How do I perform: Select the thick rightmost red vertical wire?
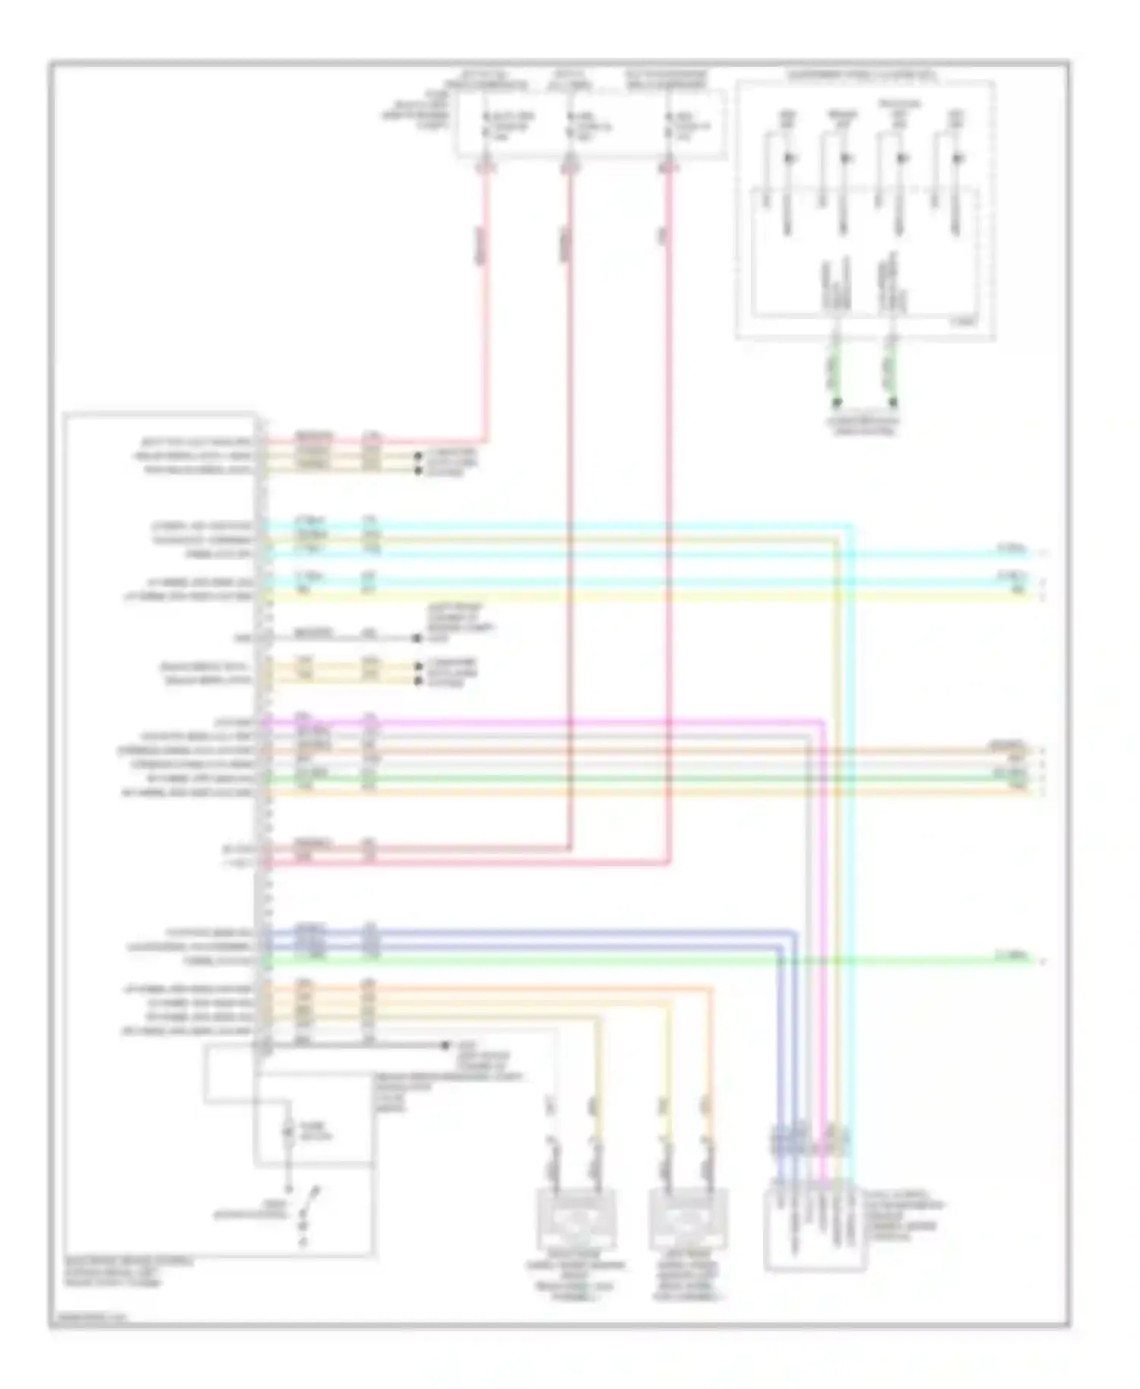[669, 532]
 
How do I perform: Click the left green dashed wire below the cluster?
[835, 372]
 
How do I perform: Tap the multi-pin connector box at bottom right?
[814, 1223]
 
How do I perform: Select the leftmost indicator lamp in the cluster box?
[787, 158]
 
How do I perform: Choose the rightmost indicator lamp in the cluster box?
[958, 158]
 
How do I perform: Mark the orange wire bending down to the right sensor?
[711, 1064]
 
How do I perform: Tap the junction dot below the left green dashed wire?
[835, 403]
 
